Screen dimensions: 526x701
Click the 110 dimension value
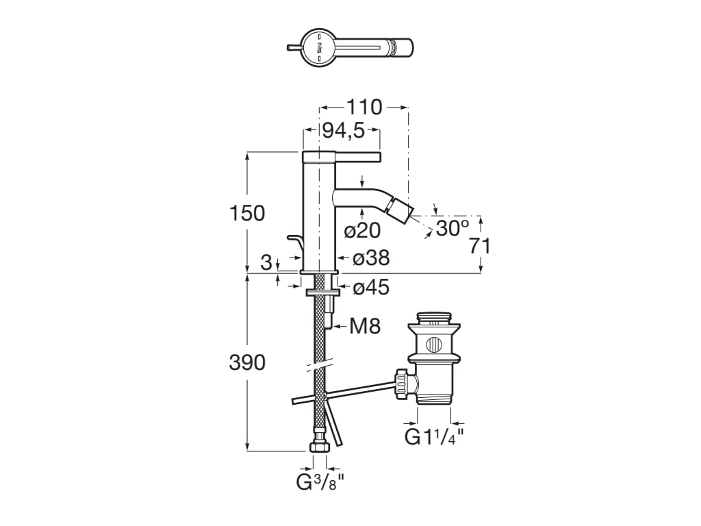[364, 108]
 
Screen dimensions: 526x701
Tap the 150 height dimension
[246, 213]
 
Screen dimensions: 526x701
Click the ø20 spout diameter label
[362, 231]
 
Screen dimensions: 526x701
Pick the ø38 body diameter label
[371, 258]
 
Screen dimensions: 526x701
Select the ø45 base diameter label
[371, 288]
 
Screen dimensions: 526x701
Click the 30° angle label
[453, 228]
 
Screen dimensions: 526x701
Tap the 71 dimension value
[480, 246]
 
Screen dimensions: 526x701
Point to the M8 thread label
[364, 326]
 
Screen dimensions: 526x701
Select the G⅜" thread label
[319, 482]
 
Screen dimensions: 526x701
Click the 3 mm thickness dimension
[266, 261]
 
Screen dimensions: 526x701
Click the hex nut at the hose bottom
[320, 447]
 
